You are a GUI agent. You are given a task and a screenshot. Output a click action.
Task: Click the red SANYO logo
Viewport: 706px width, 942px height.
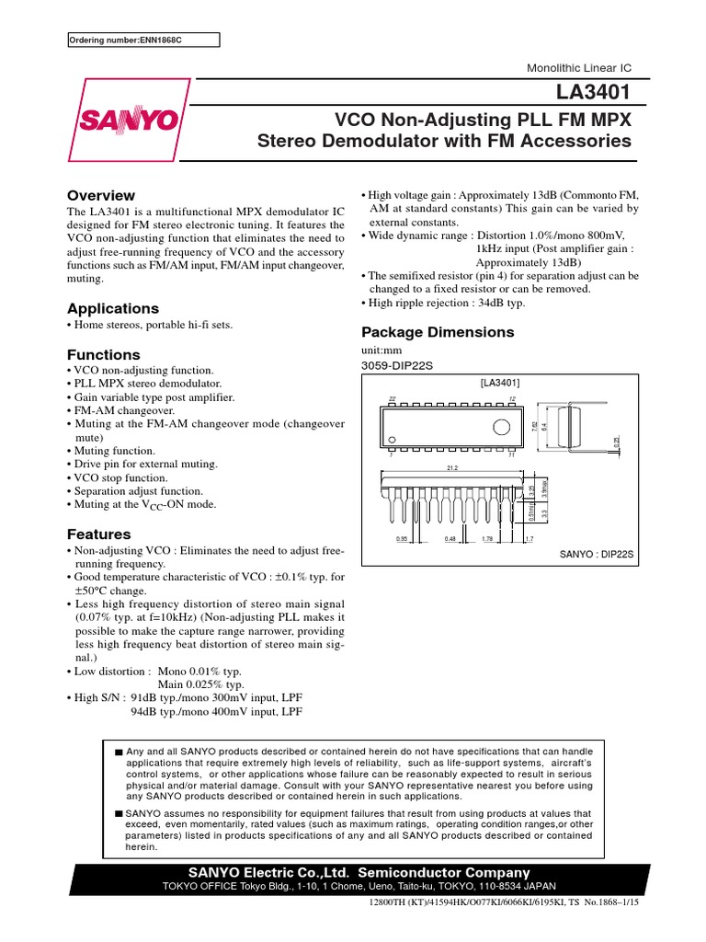[129, 119]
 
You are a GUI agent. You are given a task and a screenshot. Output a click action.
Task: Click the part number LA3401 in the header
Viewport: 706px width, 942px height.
[599, 94]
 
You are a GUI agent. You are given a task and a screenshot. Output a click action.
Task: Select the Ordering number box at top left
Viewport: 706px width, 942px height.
[144, 40]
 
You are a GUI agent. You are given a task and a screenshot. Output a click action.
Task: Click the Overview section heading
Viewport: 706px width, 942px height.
[101, 195]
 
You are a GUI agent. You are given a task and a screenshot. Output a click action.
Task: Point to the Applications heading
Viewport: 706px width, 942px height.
[113, 308]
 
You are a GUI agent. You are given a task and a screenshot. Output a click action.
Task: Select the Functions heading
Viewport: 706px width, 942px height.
[104, 354]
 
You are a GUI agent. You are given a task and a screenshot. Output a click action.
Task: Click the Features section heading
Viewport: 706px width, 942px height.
[99, 534]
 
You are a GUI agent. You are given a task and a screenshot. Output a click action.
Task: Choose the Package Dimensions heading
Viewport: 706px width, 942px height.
[438, 332]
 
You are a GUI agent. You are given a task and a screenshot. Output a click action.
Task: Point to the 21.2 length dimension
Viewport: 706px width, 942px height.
[452, 467]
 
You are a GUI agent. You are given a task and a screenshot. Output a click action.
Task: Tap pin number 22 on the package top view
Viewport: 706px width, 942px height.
[392, 398]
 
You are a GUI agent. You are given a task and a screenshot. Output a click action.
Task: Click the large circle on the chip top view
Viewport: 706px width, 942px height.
[502, 427]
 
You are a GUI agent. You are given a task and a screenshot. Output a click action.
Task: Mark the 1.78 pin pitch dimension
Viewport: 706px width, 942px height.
[487, 540]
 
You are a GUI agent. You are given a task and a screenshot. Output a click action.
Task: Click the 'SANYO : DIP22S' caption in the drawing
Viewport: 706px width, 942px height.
[598, 555]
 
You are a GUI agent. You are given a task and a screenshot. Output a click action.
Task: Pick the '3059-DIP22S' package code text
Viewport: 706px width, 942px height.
[396, 366]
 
